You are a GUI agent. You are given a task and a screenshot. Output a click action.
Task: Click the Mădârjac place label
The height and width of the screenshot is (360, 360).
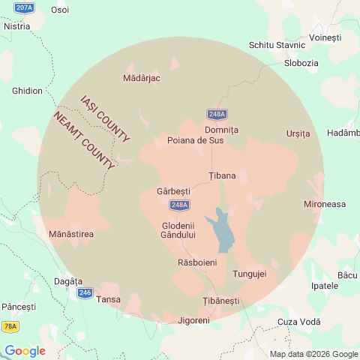tap(141, 78)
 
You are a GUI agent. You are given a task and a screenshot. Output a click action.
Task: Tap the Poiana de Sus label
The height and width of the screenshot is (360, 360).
tap(196, 140)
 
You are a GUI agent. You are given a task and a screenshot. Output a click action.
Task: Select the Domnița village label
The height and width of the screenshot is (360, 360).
tap(221, 130)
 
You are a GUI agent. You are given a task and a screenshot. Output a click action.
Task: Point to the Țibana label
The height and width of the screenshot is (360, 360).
tap(222, 176)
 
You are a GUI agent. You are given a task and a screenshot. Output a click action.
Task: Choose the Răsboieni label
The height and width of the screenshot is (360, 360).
tap(197, 263)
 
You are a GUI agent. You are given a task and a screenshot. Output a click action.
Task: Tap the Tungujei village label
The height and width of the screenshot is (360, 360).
tap(250, 274)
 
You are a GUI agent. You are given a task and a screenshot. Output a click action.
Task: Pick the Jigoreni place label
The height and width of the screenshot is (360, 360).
tap(194, 320)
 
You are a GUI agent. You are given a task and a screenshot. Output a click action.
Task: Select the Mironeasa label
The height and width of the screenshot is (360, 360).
tap(325, 204)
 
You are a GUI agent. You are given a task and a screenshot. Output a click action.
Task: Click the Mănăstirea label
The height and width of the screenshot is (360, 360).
tap(70, 235)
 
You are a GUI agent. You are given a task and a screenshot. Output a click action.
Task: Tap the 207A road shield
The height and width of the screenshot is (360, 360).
tap(24, 7)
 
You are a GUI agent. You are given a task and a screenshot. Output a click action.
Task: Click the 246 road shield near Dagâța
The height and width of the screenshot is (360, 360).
tap(85, 292)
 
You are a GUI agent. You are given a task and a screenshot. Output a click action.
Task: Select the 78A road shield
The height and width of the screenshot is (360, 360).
tap(10, 326)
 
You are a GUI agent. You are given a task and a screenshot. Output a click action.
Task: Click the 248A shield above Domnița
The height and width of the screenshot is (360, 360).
tap(217, 114)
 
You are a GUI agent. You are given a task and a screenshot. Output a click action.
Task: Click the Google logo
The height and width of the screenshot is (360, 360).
tap(25, 351)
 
